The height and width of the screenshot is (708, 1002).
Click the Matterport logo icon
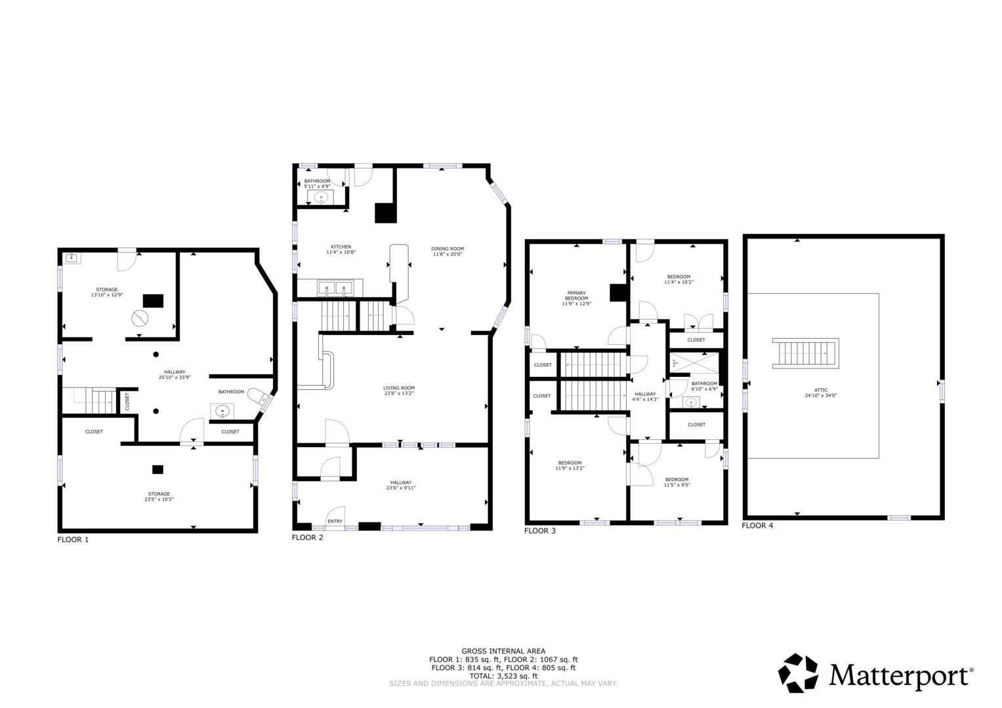(x=798, y=673)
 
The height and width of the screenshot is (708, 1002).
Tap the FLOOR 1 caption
(x=73, y=540)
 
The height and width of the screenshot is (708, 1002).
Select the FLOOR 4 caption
(x=757, y=525)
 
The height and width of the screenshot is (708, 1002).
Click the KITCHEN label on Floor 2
(x=341, y=247)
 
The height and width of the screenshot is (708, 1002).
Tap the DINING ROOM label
(x=447, y=248)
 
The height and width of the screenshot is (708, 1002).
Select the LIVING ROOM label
(x=399, y=388)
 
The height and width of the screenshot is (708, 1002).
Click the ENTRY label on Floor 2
(x=335, y=521)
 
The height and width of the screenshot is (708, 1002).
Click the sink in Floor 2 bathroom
(x=321, y=197)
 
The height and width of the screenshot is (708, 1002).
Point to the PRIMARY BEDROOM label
(x=576, y=296)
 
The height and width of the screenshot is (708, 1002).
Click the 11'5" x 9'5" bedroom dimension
(x=677, y=485)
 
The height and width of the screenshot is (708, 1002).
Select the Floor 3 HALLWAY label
(x=645, y=394)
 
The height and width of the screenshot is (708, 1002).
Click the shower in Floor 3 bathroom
(x=694, y=363)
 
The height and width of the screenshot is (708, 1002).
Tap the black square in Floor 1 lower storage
(x=157, y=469)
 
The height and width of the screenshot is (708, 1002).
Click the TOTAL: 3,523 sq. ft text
(x=503, y=676)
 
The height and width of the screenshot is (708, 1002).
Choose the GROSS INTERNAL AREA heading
(x=503, y=651)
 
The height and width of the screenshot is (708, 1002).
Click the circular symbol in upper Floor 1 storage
(x=139, y=319)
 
